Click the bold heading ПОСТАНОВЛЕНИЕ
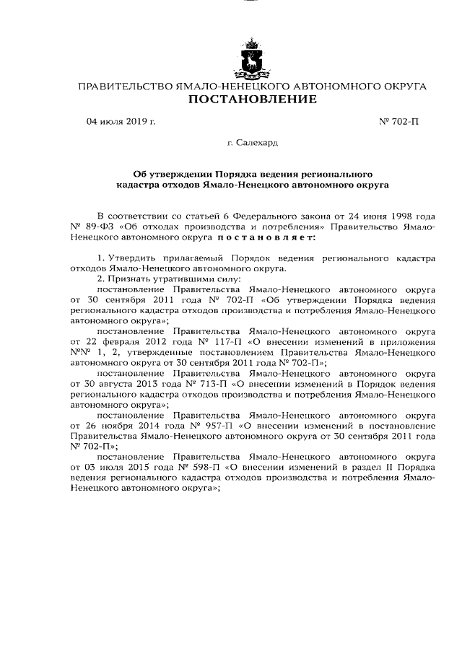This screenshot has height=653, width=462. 252,100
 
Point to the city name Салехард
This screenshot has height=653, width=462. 252,145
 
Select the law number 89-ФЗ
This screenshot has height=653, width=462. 98,227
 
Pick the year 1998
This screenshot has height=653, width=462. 398,216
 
